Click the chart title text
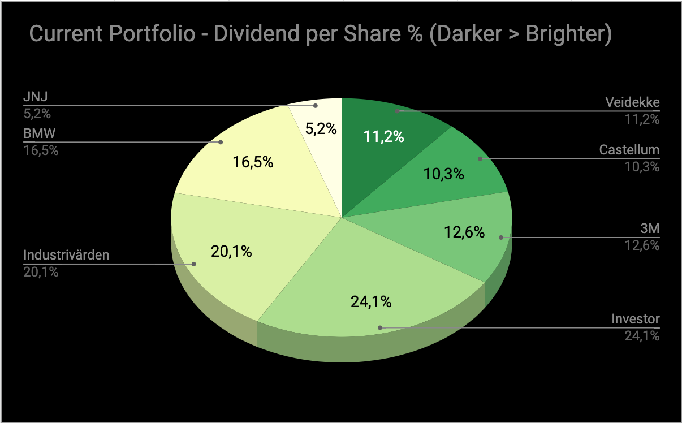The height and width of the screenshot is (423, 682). coord(320,34)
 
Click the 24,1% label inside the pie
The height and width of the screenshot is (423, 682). coord(371,302)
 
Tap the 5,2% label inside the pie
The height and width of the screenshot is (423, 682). coord(321,129)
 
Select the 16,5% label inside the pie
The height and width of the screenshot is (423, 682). coord(253,163)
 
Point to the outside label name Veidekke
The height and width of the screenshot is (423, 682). coord(632,103)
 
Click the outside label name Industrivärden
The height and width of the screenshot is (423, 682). coord(66,256)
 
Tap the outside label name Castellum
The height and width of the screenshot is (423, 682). coord(629,150)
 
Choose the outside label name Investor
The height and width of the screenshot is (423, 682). coord(636,320)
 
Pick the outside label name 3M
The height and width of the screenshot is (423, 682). coord(650,229)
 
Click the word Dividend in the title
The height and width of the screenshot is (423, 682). coord(270,34)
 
